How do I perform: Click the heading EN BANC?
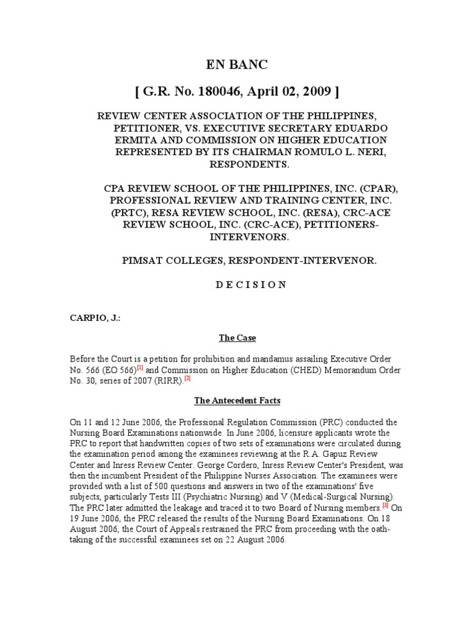236,66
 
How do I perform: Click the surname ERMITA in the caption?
133,140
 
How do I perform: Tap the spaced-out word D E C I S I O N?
236,284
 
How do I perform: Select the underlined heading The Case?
237,338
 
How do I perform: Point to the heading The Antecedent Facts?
237,401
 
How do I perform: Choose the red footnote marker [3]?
385,504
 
